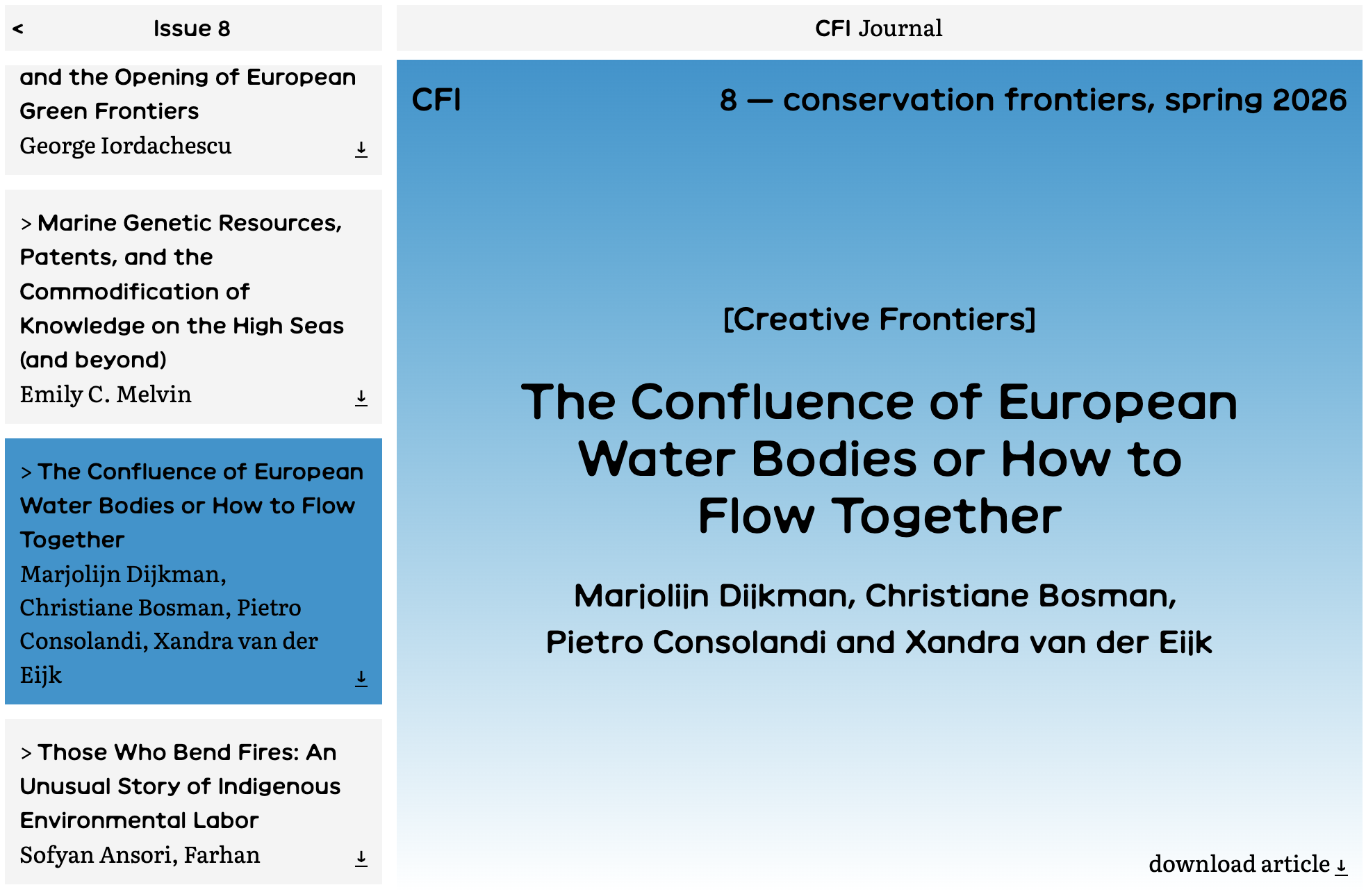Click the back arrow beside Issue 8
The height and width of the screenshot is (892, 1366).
18,28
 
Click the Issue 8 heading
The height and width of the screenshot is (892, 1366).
192,28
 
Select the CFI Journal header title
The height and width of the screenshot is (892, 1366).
878,28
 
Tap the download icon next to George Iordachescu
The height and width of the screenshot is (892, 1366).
361,149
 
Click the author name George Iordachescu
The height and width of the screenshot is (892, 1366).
126,146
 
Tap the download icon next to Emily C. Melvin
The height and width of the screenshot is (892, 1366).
361,398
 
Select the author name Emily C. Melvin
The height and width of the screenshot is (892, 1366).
106,395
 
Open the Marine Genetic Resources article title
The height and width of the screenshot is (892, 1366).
181,291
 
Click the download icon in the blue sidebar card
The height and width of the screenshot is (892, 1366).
361,679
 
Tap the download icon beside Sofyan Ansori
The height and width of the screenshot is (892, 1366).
361,859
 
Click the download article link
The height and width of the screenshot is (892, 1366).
1248,864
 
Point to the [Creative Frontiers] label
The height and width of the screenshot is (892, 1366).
880,320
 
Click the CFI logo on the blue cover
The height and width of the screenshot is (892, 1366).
436,100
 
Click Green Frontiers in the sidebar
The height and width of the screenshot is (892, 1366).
109,111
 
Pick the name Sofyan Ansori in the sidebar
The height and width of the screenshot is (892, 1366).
97,855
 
